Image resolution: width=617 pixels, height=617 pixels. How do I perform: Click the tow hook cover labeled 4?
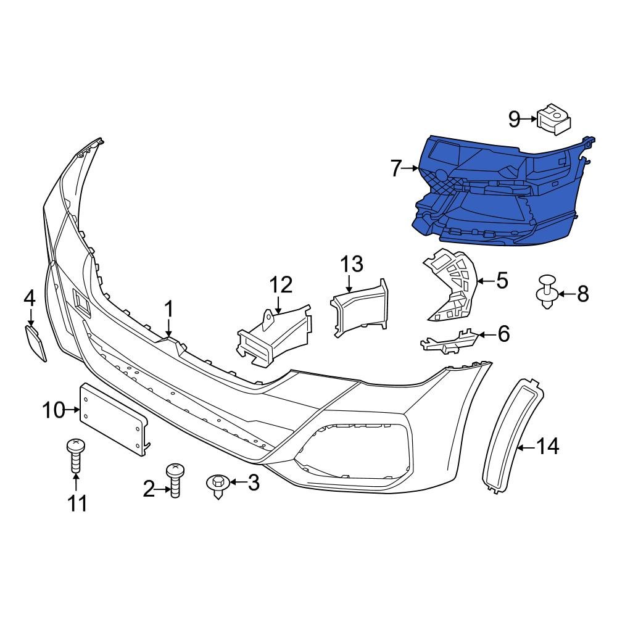click(x=36, y=342)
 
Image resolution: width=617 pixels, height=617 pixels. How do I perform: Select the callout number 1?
click(x=169, y=309)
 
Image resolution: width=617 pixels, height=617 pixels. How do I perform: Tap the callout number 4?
click(x=29, y=299)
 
